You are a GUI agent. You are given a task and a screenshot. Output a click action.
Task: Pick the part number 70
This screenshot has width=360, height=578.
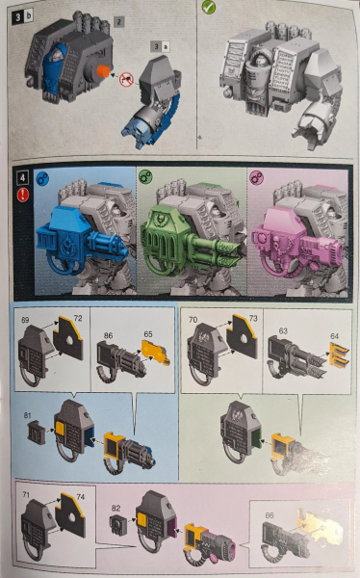(194, 317)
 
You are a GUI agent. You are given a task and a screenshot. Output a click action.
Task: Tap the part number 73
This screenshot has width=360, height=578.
(253, 317)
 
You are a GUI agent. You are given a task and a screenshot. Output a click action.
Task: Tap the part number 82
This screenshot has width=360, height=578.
(116, 508)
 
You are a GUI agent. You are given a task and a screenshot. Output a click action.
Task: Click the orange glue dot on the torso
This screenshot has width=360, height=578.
(100, 70)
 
